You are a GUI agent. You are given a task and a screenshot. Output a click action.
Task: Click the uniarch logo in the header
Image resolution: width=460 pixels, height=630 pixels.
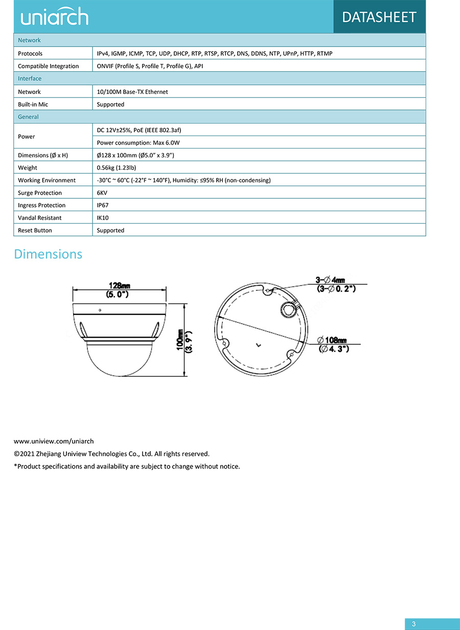(54, 17)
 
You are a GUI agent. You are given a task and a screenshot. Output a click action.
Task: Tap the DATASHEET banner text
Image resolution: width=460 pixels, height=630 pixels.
(379, 17)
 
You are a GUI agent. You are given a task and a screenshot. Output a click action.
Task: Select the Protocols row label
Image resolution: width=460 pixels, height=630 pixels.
(30, 54)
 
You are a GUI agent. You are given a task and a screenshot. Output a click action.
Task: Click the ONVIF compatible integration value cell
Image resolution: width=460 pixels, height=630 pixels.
(150, 66)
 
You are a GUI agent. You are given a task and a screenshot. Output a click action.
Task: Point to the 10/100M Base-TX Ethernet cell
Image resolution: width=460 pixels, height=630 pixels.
(132, 92)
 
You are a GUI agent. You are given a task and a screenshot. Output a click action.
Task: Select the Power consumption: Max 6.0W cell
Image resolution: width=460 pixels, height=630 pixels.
(138, 143)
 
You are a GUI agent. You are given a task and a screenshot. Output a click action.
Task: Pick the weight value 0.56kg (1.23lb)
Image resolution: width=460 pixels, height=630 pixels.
(117, 168)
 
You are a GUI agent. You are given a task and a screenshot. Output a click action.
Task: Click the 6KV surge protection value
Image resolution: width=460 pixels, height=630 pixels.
(102, 193)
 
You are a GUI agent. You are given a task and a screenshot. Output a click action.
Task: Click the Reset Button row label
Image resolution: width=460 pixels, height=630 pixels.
(35, 230)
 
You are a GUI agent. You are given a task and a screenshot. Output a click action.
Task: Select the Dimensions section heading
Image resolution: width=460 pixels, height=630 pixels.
(48, 254)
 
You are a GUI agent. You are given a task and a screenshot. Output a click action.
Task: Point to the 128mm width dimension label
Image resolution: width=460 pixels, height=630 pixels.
(119, 286)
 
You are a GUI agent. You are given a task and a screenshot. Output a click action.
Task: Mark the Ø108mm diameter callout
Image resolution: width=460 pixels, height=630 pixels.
(332, 340)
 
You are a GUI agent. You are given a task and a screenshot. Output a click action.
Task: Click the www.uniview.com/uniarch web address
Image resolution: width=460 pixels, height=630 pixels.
(54, 441)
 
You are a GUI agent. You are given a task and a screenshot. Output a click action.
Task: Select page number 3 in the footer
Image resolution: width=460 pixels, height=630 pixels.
(414, 624)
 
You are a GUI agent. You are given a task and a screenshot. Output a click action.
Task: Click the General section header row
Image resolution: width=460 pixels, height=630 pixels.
(29, 117)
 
